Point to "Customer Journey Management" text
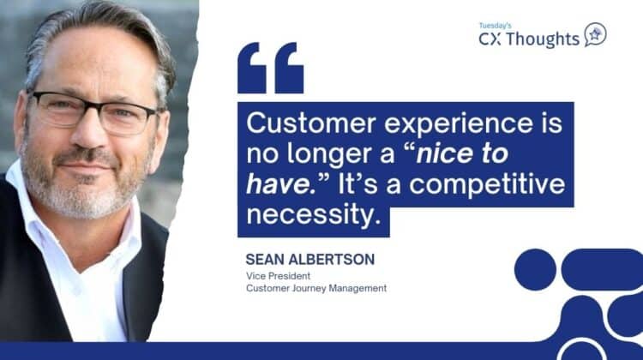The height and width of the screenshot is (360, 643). [315, 288]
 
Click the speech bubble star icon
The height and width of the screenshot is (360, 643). [595, 35]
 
